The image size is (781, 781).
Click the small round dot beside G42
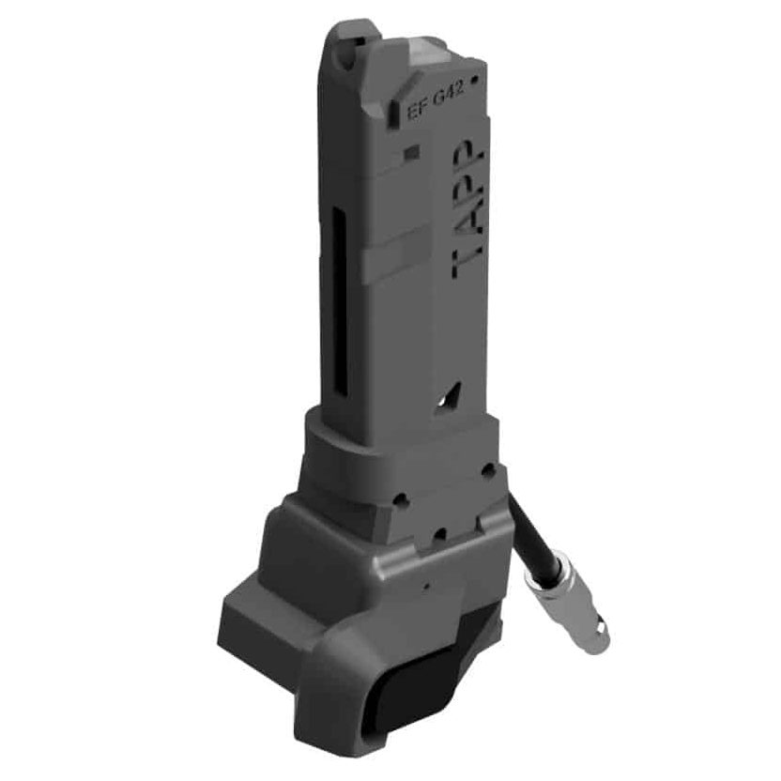coord(474,79)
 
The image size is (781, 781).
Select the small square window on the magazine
coord(412,152)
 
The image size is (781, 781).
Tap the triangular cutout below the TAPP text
coord(449,397)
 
